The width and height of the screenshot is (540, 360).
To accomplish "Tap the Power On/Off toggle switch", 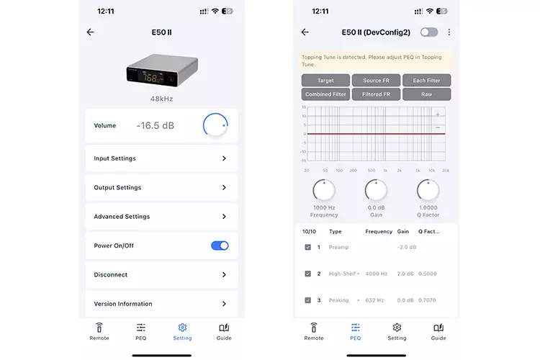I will pyautogui.click(x=220, y=246).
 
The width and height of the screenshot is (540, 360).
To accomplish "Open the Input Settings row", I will pyautogui.click(x=161, y=158).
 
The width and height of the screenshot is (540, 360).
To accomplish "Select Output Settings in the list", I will pyautogui.click(x=161, y=187).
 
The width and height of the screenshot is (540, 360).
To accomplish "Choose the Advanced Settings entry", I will pyautogui.click(x=161, y=217).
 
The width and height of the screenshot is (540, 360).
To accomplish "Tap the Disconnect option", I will pyautogui.click(x=161, y=274).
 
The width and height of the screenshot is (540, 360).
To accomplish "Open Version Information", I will pyautogui.click(x=161, y=303).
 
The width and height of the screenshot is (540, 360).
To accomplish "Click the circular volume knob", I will pyautogui.click(x=215, y=125).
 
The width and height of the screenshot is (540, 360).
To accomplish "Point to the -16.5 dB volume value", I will pyautogui.click(x=155, y=125).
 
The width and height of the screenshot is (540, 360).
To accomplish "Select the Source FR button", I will pyautogui.click(x=377, y=81).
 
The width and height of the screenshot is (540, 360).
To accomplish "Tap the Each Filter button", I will pyautogui.click(x=427, y=81).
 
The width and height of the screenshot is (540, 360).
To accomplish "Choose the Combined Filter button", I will pyautogui.click(x=325, y=94).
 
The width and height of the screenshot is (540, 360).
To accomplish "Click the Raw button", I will pyautogui.click(x=427, y=94).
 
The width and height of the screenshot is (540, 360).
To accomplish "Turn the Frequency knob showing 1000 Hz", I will pyautogui.click(x=324, y=190).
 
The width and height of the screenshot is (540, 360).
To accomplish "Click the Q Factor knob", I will pyautogui.click(x=428, y=190).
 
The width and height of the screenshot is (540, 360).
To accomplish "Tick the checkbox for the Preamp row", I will pyautogui.click(x=307, y=247).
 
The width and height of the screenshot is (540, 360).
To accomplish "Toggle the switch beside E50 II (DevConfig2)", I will pyautogui.click(x=429, y=32).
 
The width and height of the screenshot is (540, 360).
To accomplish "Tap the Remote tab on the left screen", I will pyautogui.click(x=99, y=331).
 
